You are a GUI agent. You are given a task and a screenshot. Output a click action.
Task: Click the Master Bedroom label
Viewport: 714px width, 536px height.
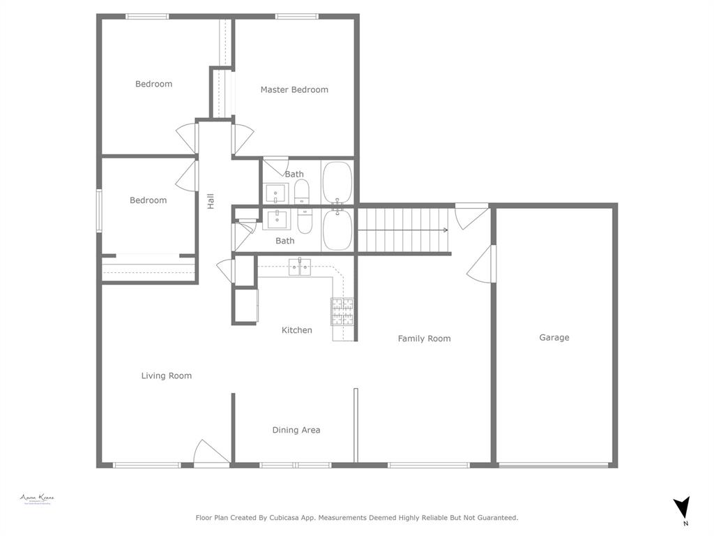coord(294,89)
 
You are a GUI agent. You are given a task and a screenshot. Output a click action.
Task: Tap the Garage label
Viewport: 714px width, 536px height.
coord(554,337)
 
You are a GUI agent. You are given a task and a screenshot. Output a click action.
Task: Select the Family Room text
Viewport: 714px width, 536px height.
coord(424,338)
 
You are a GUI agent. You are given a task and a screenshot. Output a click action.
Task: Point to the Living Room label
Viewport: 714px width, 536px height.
coord(166,375)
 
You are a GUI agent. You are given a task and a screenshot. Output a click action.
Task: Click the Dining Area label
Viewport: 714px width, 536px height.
coord(296,430)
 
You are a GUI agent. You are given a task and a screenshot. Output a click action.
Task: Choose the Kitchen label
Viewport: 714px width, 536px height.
coord(297,330)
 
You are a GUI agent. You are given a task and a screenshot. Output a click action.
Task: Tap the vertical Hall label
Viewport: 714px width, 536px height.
coord(210,201)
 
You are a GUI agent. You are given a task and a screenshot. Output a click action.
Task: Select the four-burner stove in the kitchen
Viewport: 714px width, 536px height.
coord(342,311)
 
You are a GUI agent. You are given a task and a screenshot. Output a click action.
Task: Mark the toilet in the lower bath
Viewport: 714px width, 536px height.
coord(305,221)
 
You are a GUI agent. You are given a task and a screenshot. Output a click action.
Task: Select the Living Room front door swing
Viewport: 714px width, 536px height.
coord(211,452)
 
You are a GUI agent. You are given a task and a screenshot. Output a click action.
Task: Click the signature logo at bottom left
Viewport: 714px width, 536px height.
coord(37,499)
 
